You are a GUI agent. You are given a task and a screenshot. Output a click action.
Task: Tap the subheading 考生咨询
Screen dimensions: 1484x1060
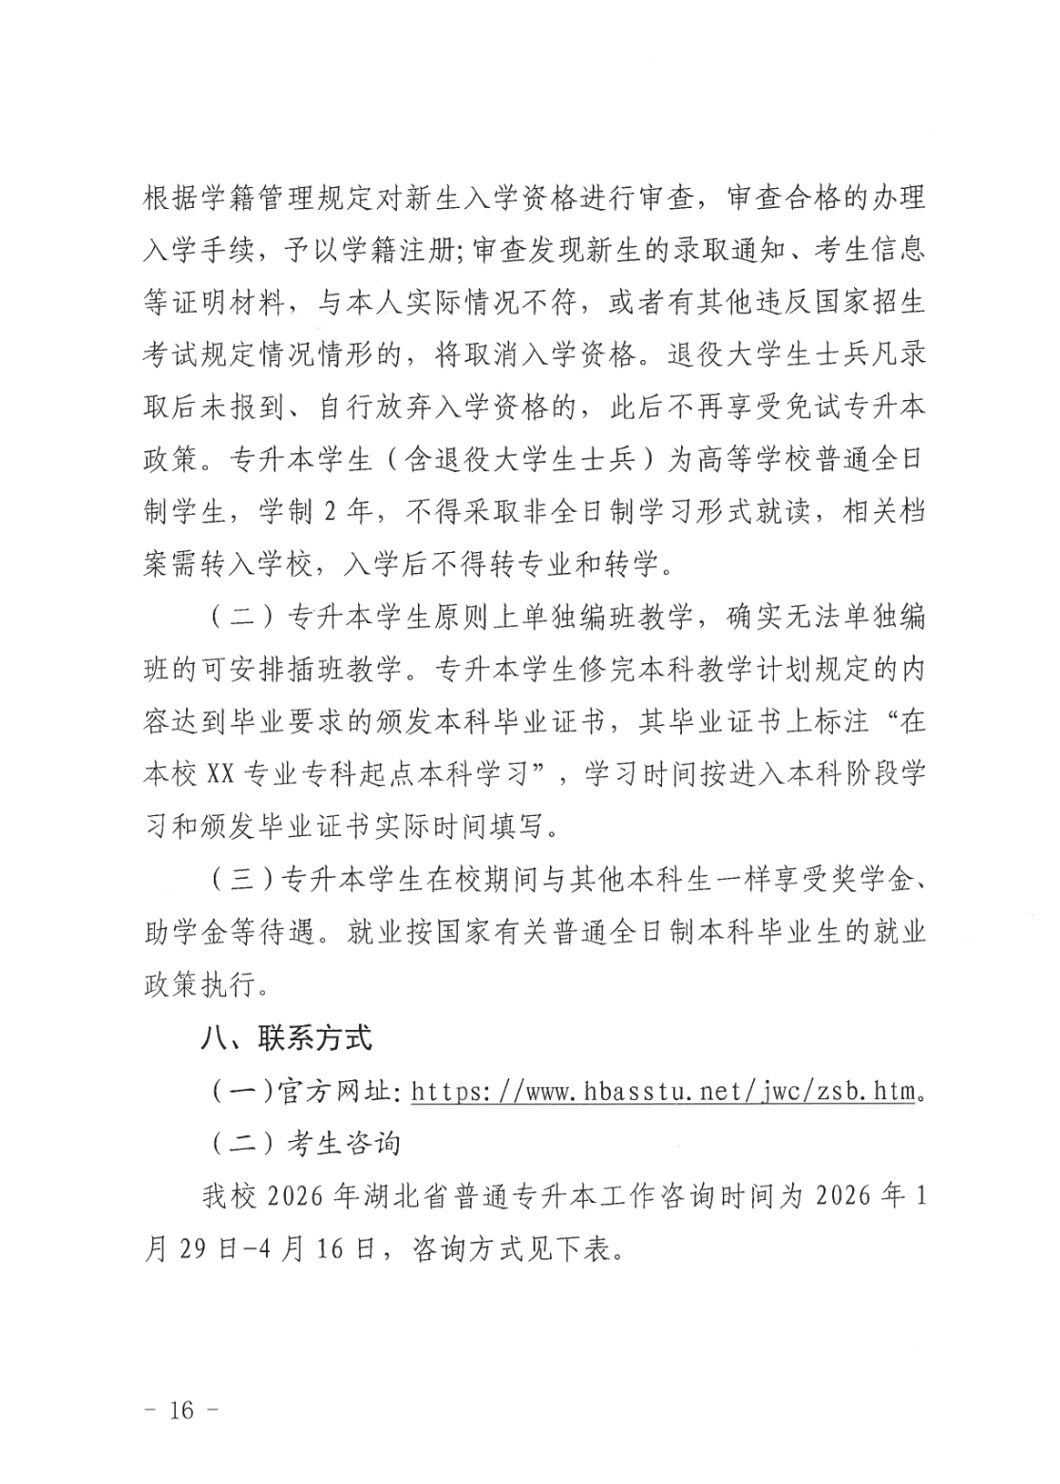pos(344,1143)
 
